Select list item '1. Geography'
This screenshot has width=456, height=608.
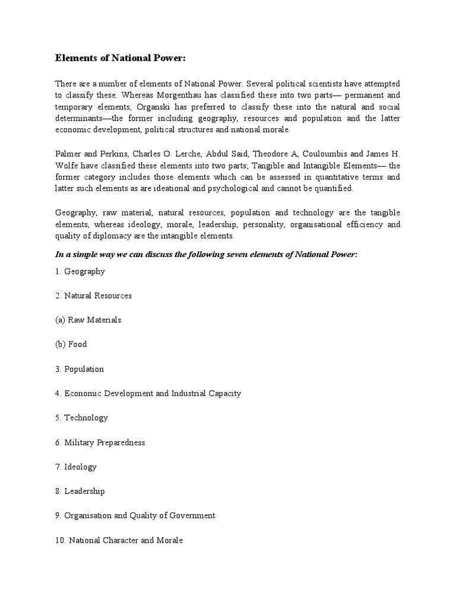click(80, 271)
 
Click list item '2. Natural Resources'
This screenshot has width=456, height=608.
click(93, 296)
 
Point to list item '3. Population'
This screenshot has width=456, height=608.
click(80, 369)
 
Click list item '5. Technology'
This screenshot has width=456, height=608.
click(81, 417)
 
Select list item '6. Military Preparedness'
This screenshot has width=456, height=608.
click(100, 442)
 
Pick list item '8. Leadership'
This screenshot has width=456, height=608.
click(80, 491)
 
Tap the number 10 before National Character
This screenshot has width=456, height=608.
click(59, 540)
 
